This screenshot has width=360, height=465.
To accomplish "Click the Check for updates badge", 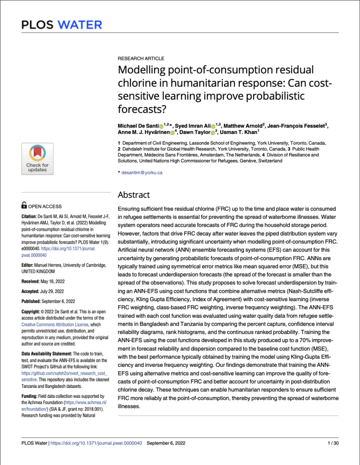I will click(x=37, y=158).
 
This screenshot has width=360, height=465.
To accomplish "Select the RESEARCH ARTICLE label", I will click(x=141, y=59).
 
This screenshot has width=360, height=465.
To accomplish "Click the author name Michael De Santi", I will click(x=138, y=125).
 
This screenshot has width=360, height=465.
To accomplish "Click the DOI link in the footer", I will click(x=98, y=443).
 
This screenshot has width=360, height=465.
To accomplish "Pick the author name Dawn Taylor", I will click(x=195, y=132).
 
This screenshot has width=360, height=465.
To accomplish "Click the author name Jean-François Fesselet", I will click(x=291, y=125).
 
